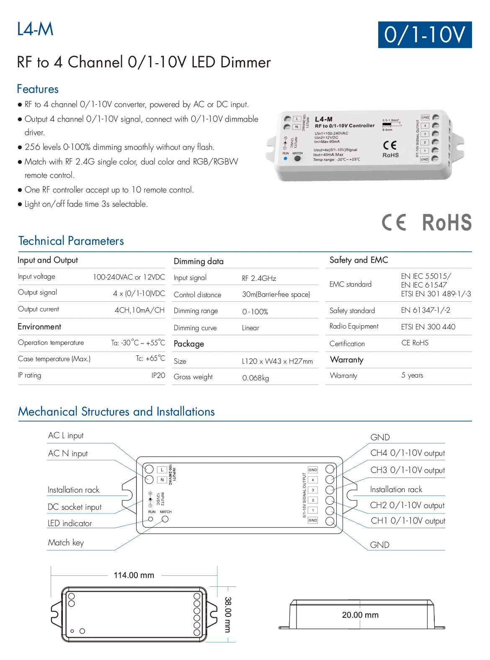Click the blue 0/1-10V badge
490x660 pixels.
point(425,35)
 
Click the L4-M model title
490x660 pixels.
point(35,29)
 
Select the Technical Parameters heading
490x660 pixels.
point(71,241)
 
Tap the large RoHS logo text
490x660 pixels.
point(446,222)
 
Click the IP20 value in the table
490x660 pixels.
point(158,375)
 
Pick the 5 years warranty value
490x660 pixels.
point(412,375)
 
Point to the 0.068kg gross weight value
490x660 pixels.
point(255,378)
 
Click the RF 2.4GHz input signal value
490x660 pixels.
point(259,278)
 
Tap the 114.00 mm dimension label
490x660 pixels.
point(134,575)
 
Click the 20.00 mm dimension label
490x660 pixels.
point(360,615)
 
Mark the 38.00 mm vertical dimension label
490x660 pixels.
point(227,614)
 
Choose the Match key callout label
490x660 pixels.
point(66,542)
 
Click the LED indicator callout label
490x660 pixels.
point(70,523)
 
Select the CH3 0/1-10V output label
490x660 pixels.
point(407,470)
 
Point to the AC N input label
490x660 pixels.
point(68,453)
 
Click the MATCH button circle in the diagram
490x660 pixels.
point(165,519)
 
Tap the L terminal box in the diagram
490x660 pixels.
point(162,470)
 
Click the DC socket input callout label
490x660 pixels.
point(75,507)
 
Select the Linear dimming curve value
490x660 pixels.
point(250,328)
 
